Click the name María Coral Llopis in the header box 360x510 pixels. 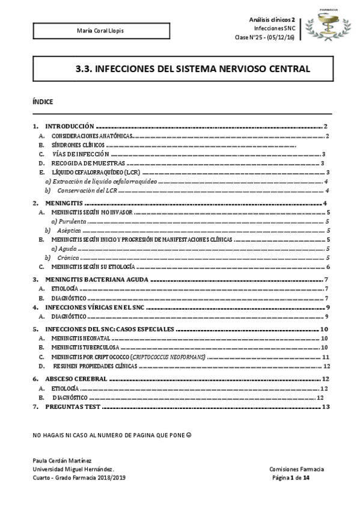click(x=97, y=31)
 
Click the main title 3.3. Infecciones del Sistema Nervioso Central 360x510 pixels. click(x=193, y=69)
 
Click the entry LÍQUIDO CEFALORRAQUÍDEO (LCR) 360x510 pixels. click(x=96, y=173)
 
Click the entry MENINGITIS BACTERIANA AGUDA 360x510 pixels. click(x=97, y=280)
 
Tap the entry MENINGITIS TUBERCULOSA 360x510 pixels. click(x=85, y=348)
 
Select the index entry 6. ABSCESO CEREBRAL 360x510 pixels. click(x=76, y=379)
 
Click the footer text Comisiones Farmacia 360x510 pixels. click(x=296, y=469)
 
